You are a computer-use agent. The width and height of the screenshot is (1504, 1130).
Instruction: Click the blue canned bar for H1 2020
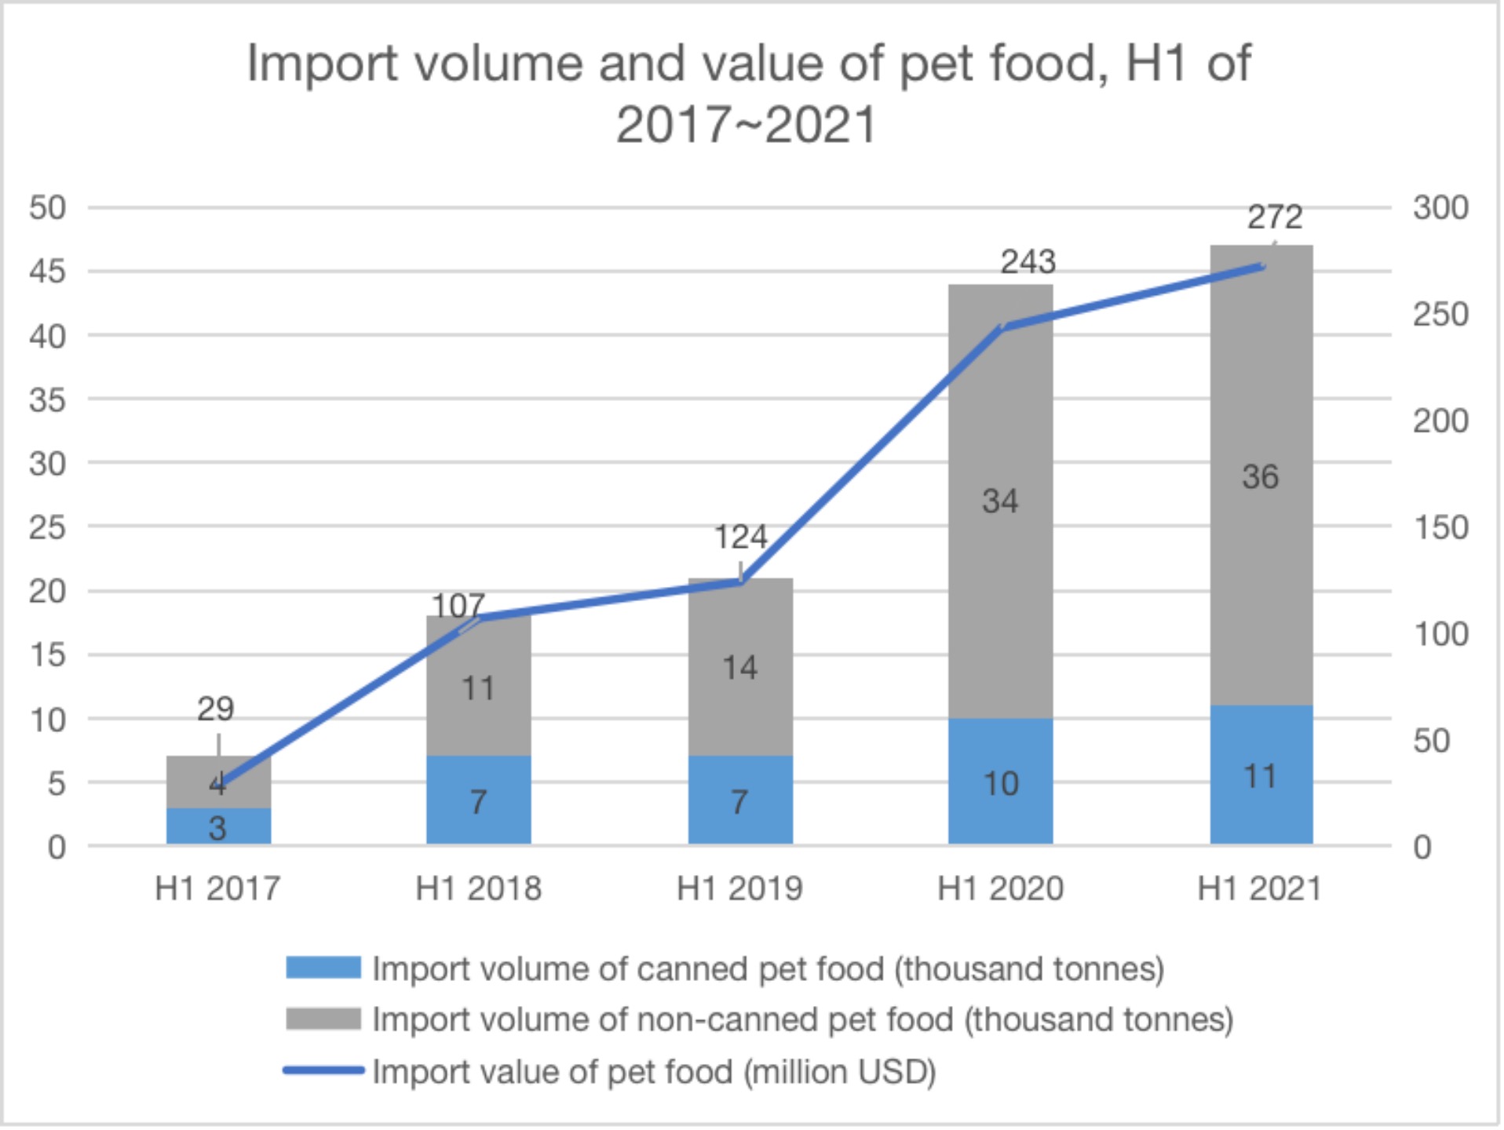tap(1001, 782)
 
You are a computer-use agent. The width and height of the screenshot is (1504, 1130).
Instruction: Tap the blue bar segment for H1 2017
tap(218, 827)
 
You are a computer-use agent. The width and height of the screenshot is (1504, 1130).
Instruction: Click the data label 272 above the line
tap(1275, 217)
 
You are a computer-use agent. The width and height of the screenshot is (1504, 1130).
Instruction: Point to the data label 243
tap(1028, 262)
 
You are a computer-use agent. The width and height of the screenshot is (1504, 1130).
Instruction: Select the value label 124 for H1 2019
tap(740, 538)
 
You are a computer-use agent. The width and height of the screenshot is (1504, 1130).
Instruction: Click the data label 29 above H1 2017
tap(215, 709)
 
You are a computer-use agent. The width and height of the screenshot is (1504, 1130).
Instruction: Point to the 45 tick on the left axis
tap(47, 272)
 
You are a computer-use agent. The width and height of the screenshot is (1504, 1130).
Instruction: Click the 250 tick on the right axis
tap(1440, 315)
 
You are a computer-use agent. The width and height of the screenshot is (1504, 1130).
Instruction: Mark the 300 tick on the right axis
tap(1440, 208)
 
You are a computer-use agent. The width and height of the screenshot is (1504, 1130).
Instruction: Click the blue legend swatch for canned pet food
tap(323, 968)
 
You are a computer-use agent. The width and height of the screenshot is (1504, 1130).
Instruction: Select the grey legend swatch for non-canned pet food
tap(323, 1019)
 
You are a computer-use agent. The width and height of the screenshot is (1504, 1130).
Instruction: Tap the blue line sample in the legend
tap(323, 1070)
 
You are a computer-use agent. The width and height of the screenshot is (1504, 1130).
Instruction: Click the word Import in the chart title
tap(322, 63)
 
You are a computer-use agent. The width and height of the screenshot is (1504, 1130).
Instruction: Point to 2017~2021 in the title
tap(746, 126)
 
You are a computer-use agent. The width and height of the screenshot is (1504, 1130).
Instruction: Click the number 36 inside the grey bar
tap(1260, 477)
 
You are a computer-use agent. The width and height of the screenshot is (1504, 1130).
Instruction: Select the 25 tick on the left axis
tap(47, 527)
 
